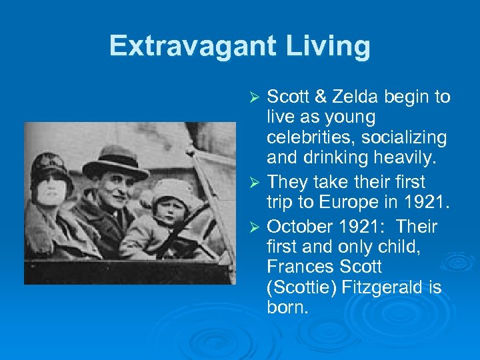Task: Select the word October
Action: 299,226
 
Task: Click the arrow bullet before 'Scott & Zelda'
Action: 253,98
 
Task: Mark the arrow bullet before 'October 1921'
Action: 253,227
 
